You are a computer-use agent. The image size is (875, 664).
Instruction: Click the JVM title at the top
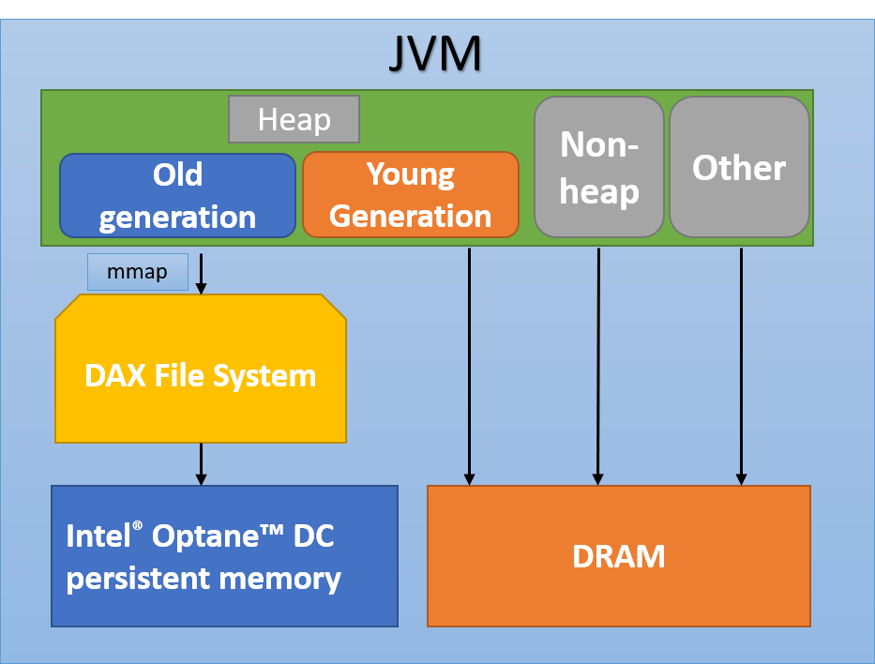click(x=435, y=55)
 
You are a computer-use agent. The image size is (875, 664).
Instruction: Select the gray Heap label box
click(x=294, y=119)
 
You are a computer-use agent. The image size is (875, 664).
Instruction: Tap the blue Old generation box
click(x=177, y=195)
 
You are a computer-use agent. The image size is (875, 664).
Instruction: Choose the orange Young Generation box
click(x=410, y=195)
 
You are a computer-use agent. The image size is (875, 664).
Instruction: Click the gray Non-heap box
click(x=598, y=167)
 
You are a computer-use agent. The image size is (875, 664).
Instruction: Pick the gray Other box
click(x=739, y=167)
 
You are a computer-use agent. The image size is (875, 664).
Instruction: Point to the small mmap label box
click(x=137, y=272)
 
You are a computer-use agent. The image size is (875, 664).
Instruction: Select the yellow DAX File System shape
click(x=200, y=375)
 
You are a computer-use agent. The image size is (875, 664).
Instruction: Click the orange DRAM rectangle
click(x=618, y=555)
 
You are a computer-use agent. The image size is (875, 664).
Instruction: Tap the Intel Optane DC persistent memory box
click(x=224, y=555)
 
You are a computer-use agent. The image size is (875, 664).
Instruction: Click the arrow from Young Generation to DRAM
click(x=469, y=366)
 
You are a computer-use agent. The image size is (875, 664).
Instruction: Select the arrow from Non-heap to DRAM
click(x=598, y=366)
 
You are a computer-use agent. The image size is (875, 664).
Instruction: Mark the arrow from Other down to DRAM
click(x=741, y=366)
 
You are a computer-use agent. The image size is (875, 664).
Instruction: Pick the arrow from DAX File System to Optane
click(x=201, y=463)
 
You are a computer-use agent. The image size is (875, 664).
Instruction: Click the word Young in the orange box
click(x=410, y=174)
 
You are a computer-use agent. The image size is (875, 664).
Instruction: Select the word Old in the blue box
click(x=177, y=174)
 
